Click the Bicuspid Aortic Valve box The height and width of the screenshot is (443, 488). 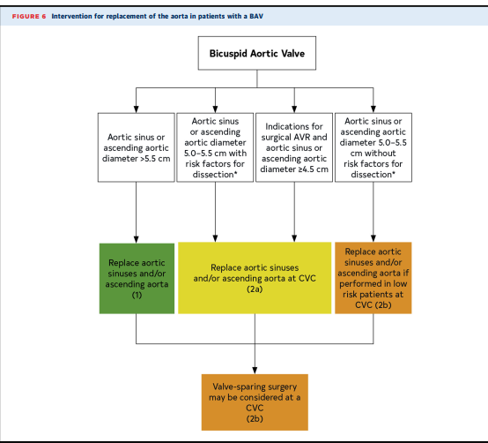[x=256, y=53]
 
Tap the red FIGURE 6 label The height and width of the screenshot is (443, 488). [x=29, y=16]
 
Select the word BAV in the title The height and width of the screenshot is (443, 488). [x=256, y=16]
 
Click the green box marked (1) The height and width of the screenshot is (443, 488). [x=137, y=278]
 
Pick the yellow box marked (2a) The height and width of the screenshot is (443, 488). [x=255, y=278]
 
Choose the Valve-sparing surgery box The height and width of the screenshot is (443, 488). [x=255, y=402]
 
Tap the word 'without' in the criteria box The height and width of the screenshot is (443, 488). [x=380, y=154]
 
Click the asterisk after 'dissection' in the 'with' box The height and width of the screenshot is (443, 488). [x=235, y=173]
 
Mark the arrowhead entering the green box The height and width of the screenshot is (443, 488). [x=136, y=239]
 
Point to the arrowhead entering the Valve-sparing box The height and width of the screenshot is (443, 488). [x=255, y=371]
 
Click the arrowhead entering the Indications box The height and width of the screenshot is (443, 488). [x=294, y=109]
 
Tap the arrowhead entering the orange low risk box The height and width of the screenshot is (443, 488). [x=373, y=238]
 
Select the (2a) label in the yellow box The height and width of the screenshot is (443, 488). [x=255, y=289]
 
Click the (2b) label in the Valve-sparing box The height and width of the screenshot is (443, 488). [x=255, y=418]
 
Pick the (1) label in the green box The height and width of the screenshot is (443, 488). [x=137, y=295]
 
